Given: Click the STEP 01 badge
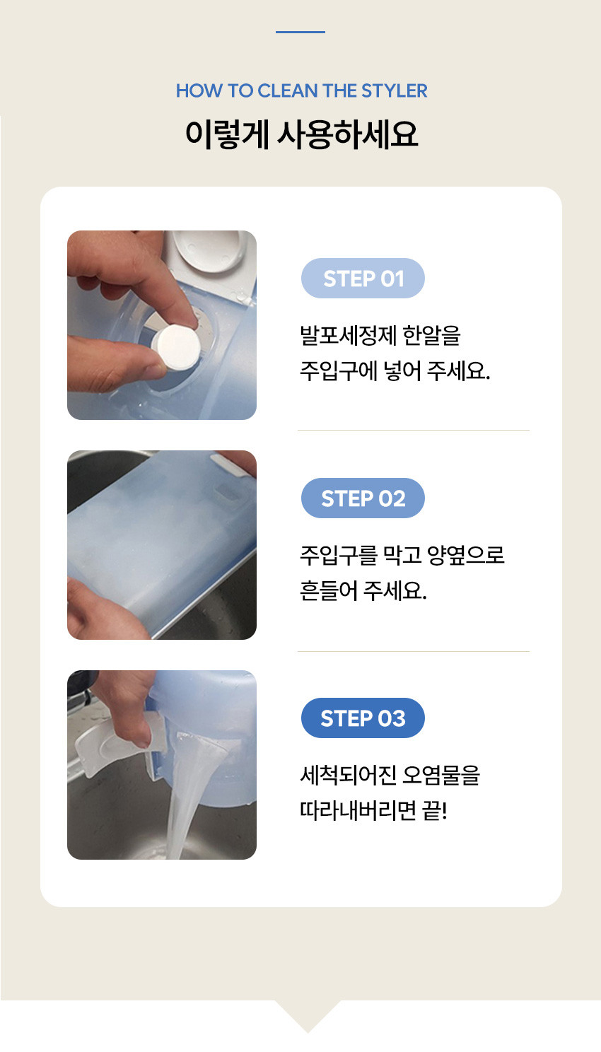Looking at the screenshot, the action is (363, 278).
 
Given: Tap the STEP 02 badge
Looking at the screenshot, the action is (363, 498).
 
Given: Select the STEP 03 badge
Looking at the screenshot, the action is (363, 718).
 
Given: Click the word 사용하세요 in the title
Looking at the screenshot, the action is (347, 134).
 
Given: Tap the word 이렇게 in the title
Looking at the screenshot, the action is (227, 134).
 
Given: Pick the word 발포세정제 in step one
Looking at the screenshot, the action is (349, 335).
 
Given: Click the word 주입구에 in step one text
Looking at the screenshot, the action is (339, 371).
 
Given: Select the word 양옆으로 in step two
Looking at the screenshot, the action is (466, 555).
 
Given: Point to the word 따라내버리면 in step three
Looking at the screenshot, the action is (358, 811).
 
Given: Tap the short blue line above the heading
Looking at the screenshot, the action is (300, 32).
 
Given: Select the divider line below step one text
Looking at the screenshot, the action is (413, 430).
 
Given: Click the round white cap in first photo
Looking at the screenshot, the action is (209, 250).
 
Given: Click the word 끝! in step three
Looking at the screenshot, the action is (435, 811).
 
